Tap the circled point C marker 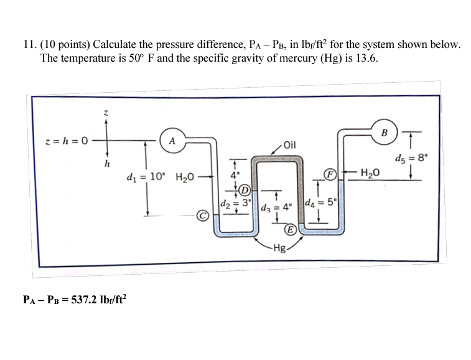(x=202, y=216)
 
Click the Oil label (x=291, y=146)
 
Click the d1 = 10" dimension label (x=146, y=177)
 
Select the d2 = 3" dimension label (x=235, y=204)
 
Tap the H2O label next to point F (x=371, y=174)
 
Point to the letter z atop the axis (x=105, y=113)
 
